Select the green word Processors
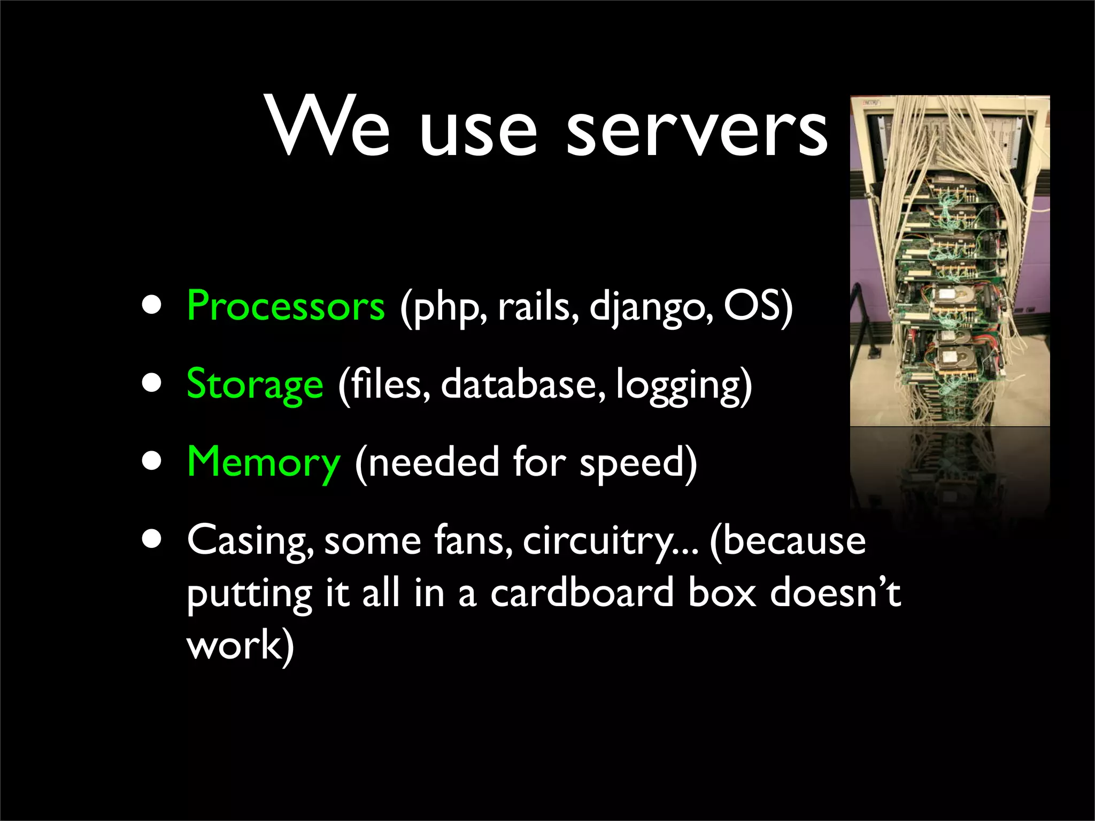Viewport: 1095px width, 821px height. click(286, 306)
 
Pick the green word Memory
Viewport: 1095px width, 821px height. click(264, 463)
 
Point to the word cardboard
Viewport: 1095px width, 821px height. click(582, 593)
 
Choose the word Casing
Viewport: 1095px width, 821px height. click(250, 541)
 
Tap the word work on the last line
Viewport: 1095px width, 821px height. click(234, 645)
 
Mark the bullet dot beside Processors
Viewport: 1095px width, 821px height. click(152, 305)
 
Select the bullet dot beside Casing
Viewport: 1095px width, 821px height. click(152, 539)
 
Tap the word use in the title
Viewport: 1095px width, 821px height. click(477, 131)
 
